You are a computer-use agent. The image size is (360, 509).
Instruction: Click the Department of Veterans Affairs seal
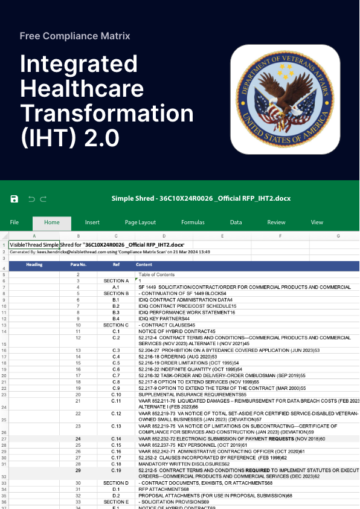(284, 99)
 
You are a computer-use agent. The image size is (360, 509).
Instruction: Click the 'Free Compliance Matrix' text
(75, 36)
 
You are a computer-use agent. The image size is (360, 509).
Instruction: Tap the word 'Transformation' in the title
(107, 113)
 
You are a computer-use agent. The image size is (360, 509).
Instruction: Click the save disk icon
(14, 198)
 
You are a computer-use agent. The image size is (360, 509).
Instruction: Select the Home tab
(52, 222)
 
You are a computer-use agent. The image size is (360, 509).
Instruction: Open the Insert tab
(92, 222)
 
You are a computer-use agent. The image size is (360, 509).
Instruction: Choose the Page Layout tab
(140, 222)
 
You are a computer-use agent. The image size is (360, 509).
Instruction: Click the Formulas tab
(193, 222)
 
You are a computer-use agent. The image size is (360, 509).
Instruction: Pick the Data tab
(236, 222)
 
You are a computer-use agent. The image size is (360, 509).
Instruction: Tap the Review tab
(277, 222)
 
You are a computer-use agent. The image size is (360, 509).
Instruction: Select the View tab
(317, 222)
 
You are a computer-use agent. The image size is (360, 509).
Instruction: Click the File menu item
(14, 222)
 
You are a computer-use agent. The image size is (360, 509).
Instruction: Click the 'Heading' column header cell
(34, 265)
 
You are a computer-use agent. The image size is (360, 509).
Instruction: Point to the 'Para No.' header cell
(78, 265)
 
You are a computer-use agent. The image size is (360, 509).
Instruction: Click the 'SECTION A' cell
(116, 281)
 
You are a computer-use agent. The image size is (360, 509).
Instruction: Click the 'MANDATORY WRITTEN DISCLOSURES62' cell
(176, 464)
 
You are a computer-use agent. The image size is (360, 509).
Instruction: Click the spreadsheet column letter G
(338, 235)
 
